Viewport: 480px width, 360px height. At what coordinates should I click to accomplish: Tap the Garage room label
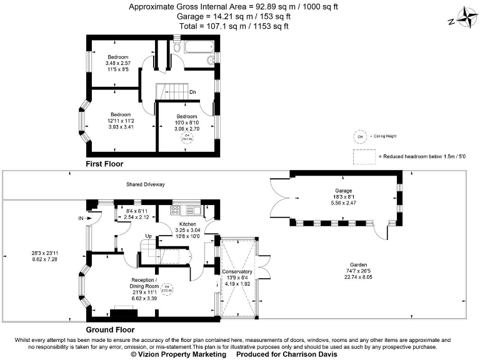pyautogui.click(x=342, y=191)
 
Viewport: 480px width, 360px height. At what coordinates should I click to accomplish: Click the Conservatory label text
pyautogui.click(x=237, y=272)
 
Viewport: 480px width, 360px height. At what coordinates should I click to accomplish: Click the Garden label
pyautogui.click(x=358, y=264)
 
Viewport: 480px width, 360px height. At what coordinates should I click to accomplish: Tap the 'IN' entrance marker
pyautogui.click(x=81, y=218)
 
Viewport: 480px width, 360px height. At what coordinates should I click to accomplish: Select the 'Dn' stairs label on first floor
pyautogui.click(x=192, y=92)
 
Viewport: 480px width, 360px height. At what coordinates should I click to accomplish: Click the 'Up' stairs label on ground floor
pyautogui.click(x=149, y=236)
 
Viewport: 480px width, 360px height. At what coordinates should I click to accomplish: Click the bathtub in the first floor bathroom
pyautogui.click(x=198, y=47)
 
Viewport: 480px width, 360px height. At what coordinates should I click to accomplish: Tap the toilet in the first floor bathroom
pyautogui.click(x=177, y=46)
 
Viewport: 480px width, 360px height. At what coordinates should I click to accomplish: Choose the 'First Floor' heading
pyautogui.click(x=104, y=164)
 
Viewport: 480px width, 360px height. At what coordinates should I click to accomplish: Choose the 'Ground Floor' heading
pyautogui.click(x=109, y=329)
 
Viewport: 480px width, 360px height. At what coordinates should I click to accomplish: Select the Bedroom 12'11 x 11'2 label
pyautogui.click(x=120, y=114)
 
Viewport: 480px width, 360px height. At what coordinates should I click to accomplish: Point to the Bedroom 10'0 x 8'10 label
pyautogui.click(x=186, y=116)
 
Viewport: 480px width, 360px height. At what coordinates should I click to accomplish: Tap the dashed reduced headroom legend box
pyautogui.click(x=362, y=156)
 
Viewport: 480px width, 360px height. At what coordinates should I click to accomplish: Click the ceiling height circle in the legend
pyautogui.click(x=359, y=136)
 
